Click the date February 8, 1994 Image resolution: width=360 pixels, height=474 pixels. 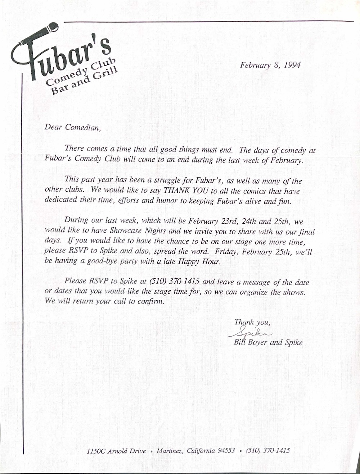pos(270,65)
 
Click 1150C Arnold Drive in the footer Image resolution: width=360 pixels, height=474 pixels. pos(116,451)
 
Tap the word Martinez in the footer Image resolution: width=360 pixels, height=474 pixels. pos(170,451)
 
